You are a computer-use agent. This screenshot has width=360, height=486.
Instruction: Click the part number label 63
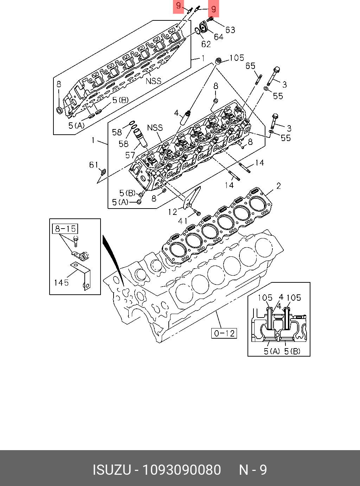[x=230, y=30]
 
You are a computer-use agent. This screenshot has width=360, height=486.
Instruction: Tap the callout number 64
[x=218, y=37]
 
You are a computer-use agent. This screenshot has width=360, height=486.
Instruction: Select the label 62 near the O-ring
[x=206, y=44]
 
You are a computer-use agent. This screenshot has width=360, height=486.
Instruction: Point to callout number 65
[x=250, y=66]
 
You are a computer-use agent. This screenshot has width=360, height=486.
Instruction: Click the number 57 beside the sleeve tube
[x=130, y=155]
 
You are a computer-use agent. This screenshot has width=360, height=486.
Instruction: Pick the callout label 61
[x=94, y=165]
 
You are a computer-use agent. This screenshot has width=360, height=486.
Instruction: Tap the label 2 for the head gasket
[x=278, y=186]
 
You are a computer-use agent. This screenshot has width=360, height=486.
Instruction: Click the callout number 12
[x=173, y=212]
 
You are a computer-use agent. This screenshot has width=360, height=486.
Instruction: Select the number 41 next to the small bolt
[x=183, y=221]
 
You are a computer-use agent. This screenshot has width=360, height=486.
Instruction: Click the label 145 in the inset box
[x=61, y=282]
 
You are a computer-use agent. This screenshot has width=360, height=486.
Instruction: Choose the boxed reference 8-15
[x=65, y=229]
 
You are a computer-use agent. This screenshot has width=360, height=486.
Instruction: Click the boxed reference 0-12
[x=224, y=333]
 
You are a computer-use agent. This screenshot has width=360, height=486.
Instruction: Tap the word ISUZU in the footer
[x=111, y=470]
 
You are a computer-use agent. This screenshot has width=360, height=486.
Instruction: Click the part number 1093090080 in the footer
[x=181, y=470]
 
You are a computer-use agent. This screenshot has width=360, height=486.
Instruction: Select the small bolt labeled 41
[x=197, y=212]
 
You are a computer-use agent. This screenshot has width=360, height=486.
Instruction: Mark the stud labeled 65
[x=259, y=79]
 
